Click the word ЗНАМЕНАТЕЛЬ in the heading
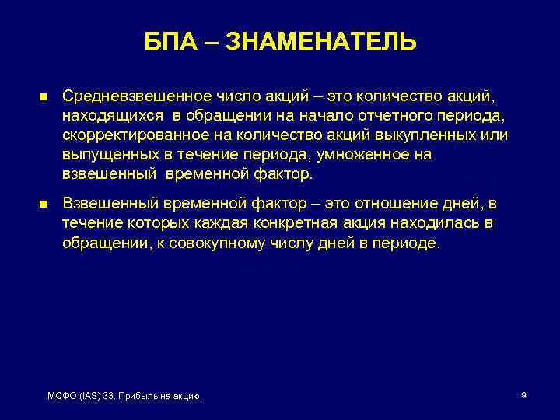pyautogui.click(x=320, y=41)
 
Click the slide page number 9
pyautogui.click(x=523, y=396)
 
